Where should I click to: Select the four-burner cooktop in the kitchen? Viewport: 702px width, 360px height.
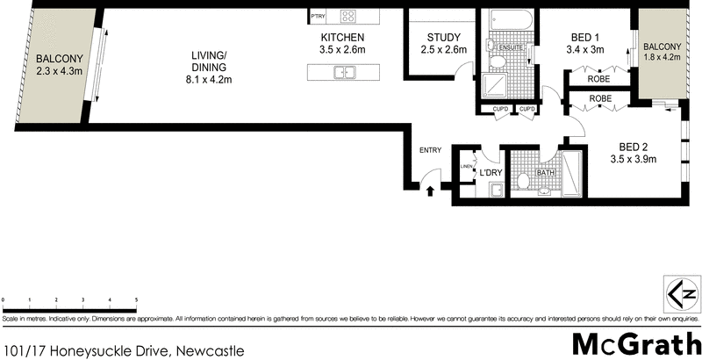click(348, 15)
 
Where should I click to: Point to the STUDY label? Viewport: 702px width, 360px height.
click(437, 37)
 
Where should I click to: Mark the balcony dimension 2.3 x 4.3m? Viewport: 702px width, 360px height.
click(54, 73)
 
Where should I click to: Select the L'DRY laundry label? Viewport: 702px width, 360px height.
click(489, 173)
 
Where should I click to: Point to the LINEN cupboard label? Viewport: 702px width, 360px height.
click(467, 167)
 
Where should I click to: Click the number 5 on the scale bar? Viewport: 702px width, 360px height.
click(136, 300)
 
